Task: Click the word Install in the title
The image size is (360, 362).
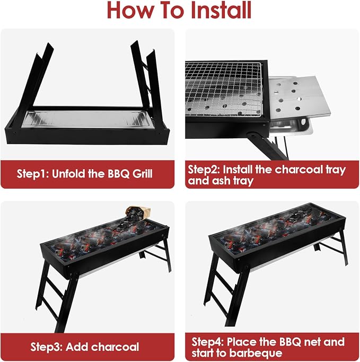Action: pyautogui.click(x=221, y=10)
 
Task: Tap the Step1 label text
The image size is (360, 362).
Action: pyautogui.click(x=33, y=174)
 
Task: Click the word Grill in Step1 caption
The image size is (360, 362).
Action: pyautogui.click(x=143, y=174)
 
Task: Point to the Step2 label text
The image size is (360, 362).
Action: pyautogui.click(x=204, y=170)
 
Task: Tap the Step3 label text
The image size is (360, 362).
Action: pyautogui.click(x=47, y=347)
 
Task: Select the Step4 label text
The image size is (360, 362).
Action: pyautogui.click(x=208, y=342)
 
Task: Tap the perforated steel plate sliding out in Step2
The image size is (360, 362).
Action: pyautogui.click(x=300, y=98)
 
